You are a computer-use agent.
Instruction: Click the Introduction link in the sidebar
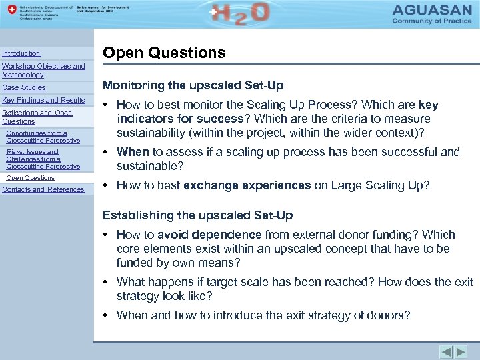coord(21,53)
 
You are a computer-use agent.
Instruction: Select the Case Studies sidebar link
coord(24,87)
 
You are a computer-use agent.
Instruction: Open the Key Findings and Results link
coord(44,100)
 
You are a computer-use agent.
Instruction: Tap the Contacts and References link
coord(43,189)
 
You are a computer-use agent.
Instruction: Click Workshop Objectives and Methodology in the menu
coord(43,70)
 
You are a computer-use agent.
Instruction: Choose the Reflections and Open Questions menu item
coord(37,117)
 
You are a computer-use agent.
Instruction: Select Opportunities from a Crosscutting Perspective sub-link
coord(43,137)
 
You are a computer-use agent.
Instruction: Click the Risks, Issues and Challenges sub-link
coord(43,159)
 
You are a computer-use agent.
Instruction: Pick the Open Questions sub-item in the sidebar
coord(30,178)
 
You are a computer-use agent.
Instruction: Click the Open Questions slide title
coord(164,53)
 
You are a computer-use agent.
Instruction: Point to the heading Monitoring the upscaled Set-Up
coord(193,85)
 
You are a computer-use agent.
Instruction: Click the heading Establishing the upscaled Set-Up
coord(197,215)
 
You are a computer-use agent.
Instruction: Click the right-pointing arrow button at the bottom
coord(461,351)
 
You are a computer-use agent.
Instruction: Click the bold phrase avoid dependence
coord(209,235)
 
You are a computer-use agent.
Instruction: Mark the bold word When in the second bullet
coord(133,152)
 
